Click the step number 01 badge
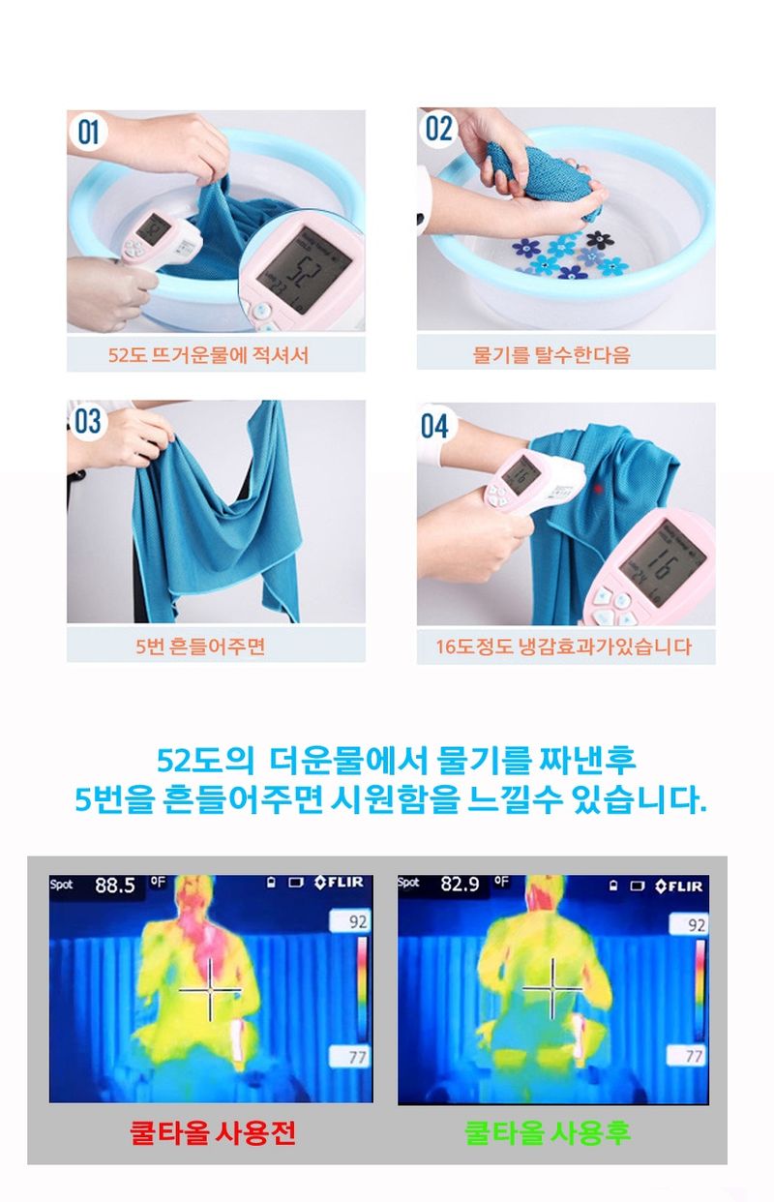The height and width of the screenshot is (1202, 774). [89, 132]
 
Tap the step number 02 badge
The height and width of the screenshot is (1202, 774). [438, 128]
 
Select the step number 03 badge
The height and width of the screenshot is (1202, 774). [88, 421]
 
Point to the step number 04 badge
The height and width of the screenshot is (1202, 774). [437, 425]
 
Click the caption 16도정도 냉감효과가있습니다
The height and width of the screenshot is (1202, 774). [564, 646]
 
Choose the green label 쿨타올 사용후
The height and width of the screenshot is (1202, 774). [548, 1133]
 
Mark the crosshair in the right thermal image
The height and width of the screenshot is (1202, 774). [552, 988]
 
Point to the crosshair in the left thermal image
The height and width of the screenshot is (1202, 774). [210, 989]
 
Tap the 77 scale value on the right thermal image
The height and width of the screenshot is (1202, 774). [694, 1056]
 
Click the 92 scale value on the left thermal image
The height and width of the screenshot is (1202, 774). [358, 923]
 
